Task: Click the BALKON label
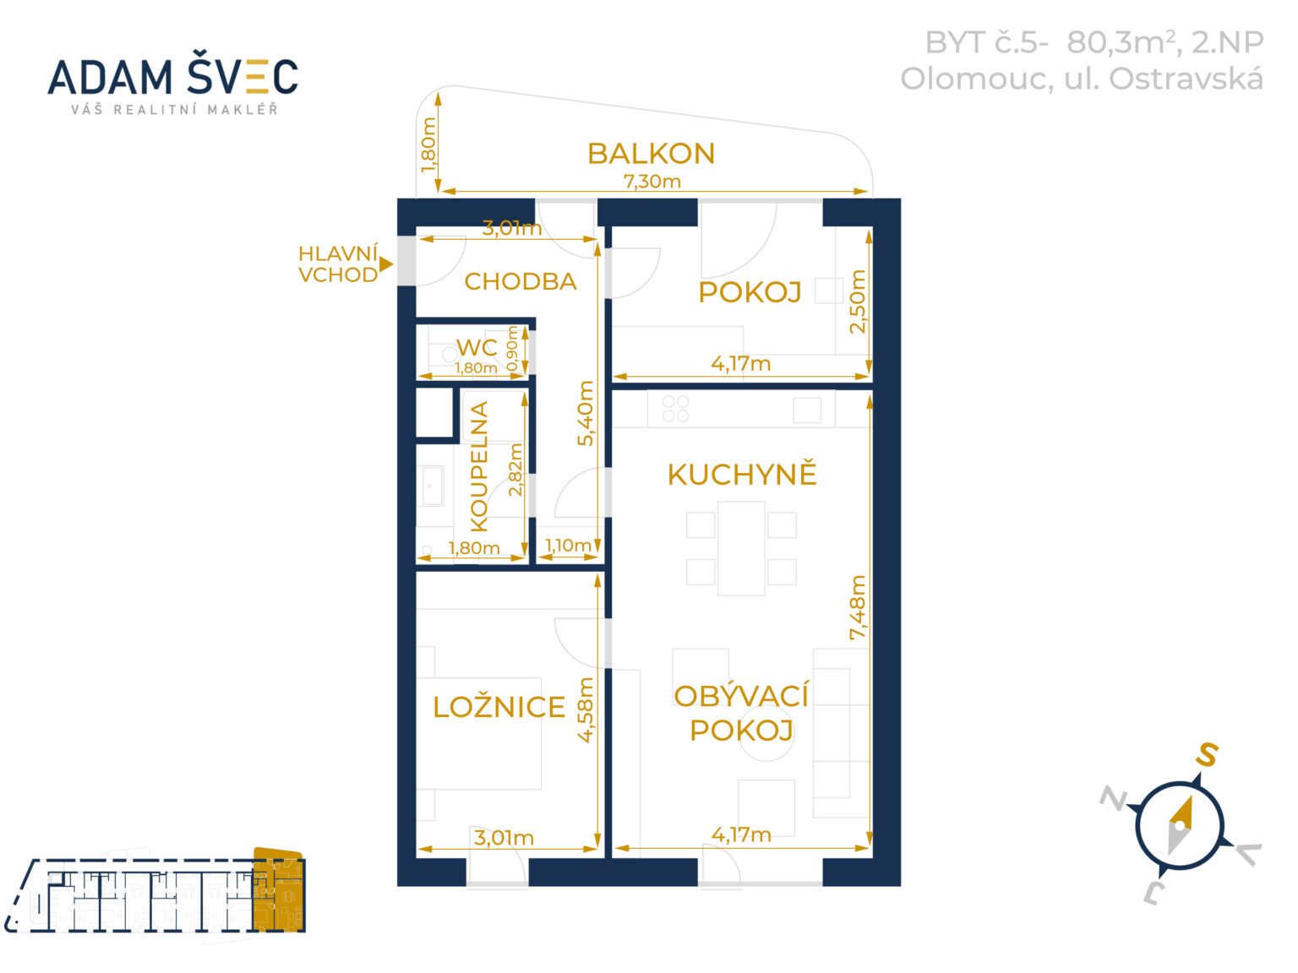(x=651, y=154)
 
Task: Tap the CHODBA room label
(x=521, y=281)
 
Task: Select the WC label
(x=477, y=347)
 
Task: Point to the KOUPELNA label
(x=478, y=467)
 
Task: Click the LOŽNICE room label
(x=499, y=707)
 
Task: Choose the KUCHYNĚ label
(x=742, y=475)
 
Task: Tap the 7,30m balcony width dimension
(x=652, y=182)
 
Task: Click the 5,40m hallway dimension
(x=585, y=413)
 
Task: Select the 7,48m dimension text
(x=857, y=607)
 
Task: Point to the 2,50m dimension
(x=857, y=302)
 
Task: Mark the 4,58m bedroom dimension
(x=585, y=709)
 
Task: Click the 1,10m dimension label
(x=568, y=545)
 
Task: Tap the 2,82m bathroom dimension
(x=515, y=470)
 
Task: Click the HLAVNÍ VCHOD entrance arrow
(x=386, y=264)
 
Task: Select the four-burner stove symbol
(x=675, y=409)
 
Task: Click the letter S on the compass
(x=1207, y=755)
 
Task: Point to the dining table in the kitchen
(x=741, y=548)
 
